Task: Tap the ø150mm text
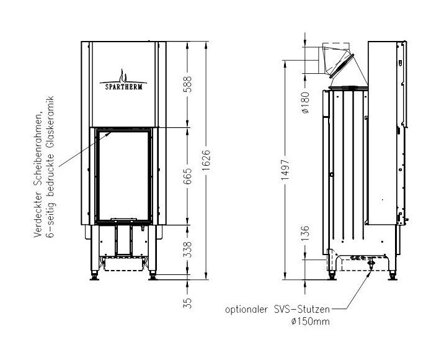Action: point(308,322)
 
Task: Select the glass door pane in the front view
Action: point(122,174)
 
